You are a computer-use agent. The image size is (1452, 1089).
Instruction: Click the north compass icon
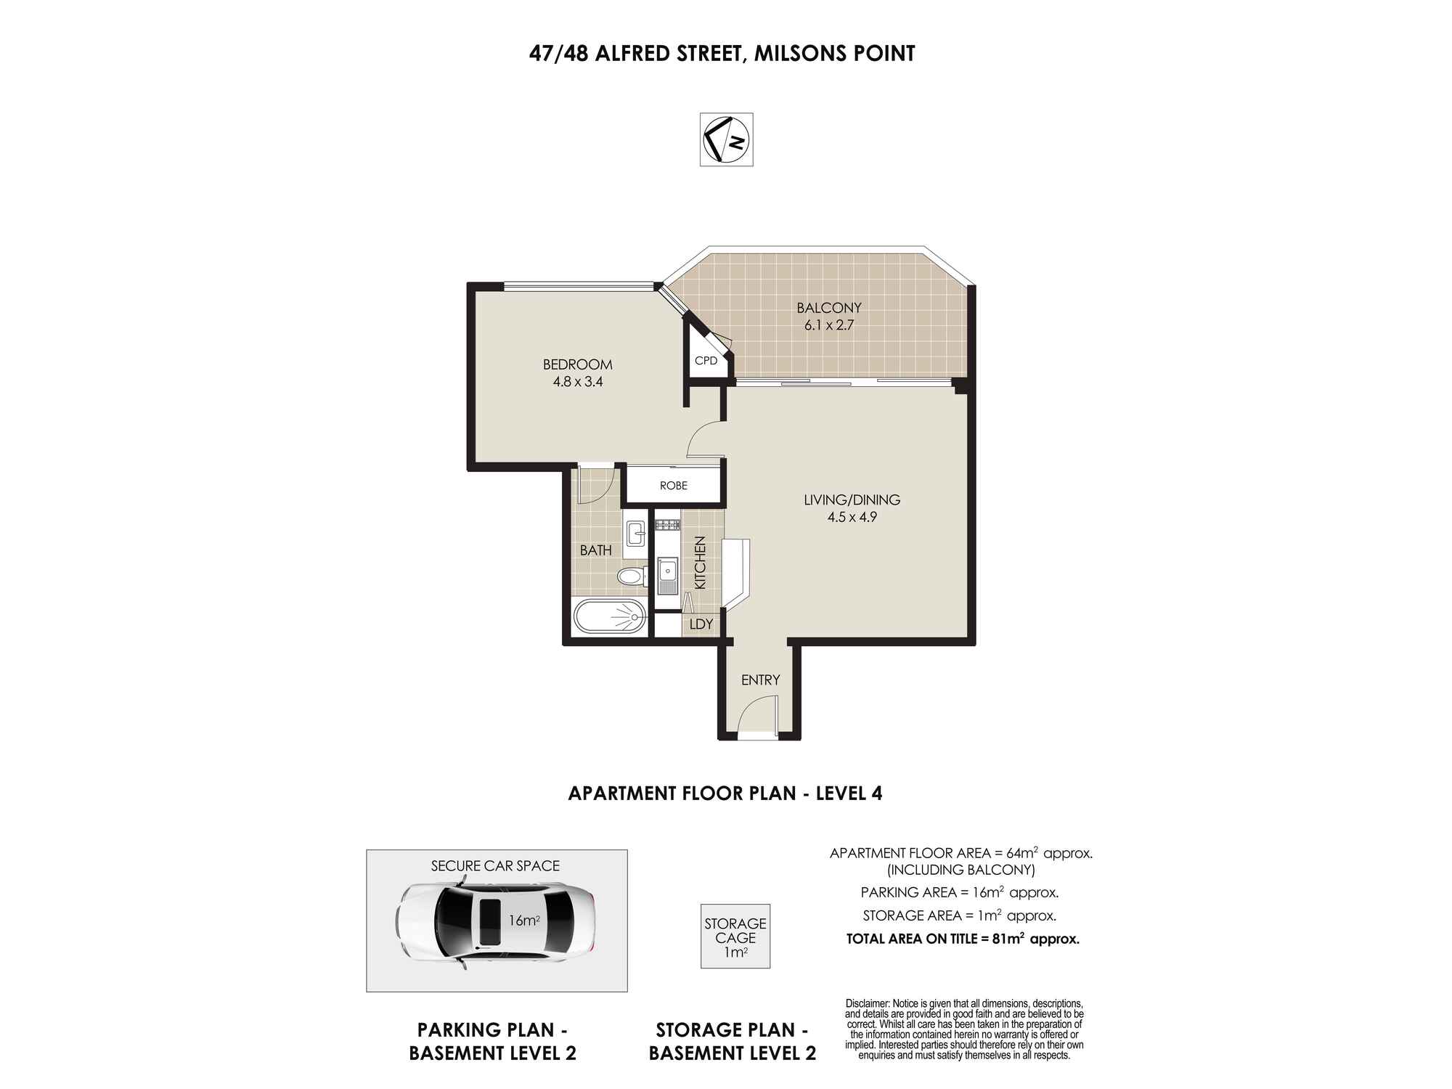[x=726, y=139]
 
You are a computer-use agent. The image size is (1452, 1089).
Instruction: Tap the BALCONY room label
[x=828, y=308]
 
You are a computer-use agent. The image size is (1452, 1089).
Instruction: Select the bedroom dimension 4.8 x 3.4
[x=578, y=382]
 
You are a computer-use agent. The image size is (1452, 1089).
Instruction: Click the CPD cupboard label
[x=706, y=361]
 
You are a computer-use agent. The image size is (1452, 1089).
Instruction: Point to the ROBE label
[x=673, y=486]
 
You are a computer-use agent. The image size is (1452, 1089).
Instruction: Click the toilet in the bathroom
[x=631, y=576]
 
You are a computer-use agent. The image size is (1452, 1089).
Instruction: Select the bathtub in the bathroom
[x=609, y=618]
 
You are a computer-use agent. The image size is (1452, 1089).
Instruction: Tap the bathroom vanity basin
[x=636, y=534]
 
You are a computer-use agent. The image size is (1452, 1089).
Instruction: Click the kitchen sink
[x=666, y=574]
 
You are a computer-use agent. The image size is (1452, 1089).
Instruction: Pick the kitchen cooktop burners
[x=666, y=524]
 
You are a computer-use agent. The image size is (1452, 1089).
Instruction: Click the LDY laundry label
[x=701, y=624]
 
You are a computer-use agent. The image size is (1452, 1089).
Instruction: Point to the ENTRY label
[x=760, y=680]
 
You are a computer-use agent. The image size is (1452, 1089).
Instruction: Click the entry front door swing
[x=755, y=715]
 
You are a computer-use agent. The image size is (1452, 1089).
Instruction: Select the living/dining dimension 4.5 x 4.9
[x=852, y=518]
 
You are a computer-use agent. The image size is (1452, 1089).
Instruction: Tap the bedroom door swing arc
[x=703, y=440]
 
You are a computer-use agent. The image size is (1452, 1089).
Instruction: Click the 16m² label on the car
[x=523, y=921]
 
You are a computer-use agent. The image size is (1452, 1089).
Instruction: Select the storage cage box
[x=735, y=937]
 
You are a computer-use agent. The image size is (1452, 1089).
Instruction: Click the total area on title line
[x=963, y=939]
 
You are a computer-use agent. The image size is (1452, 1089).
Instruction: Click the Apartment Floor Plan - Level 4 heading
[x=725, y=793]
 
